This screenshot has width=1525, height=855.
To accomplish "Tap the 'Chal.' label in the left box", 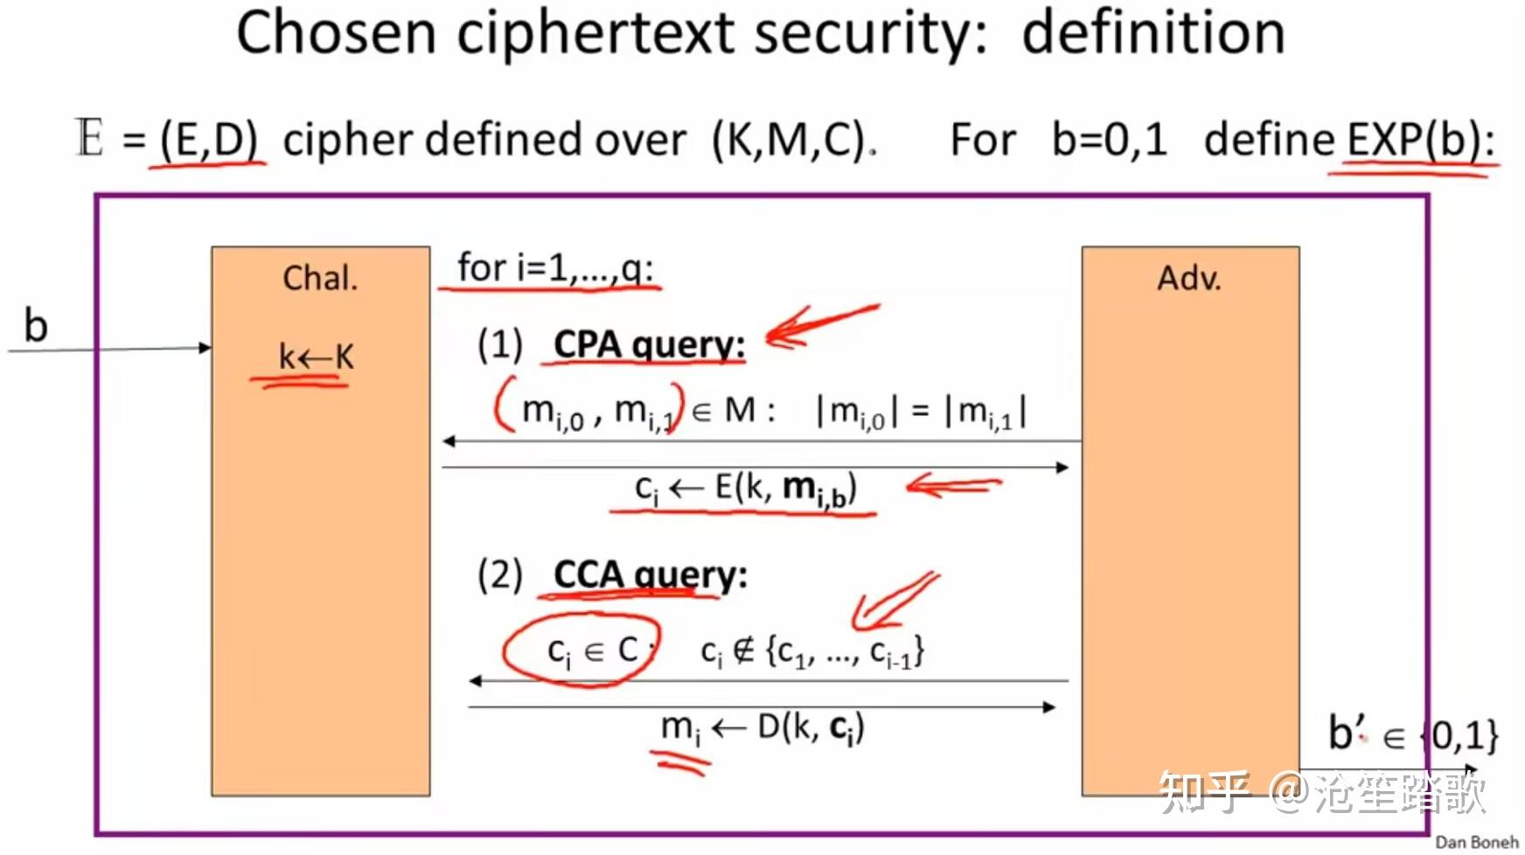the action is pyautogui.click(x=320, y=278).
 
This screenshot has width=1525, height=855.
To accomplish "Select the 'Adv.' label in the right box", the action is pyautogui.click(x=1189, y=278).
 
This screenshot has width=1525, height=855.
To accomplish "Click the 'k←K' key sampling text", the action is pyautogui.click(x=316, y=357).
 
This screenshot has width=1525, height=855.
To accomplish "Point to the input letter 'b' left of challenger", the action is pyautogui.click(x=35, y=325).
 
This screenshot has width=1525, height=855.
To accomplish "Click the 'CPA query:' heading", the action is pyautogui.click(x=649, y=344).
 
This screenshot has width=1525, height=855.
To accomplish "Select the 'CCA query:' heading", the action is pyautogui.click(x=651, y=575).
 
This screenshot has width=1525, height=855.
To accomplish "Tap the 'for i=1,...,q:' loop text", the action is pyautogui.click(x=555, y=268).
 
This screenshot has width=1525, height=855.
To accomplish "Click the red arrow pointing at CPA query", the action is pyautogui.click(x=820, y=324).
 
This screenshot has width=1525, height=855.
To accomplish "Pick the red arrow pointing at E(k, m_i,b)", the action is pyautogui.click(x=953, y=485).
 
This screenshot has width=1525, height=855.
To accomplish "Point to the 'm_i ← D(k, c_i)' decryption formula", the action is pyautogui.click(x=762, y=728).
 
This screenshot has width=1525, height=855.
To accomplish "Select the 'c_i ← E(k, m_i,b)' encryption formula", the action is pyautogui.click(x=746, y=489).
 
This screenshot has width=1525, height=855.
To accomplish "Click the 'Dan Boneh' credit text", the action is pyautogui.click(x=1477, y=842).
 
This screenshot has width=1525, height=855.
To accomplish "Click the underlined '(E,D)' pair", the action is pyautogui.click(x=210, y=140).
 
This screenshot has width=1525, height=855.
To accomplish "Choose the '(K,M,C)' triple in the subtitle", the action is pyautogui.click(x=789, y=140).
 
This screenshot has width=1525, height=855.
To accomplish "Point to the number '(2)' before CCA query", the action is pyautogui.click(x=500, y=575).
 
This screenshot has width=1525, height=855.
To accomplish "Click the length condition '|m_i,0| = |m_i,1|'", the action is pyautogui.click(x=921, y=411).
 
